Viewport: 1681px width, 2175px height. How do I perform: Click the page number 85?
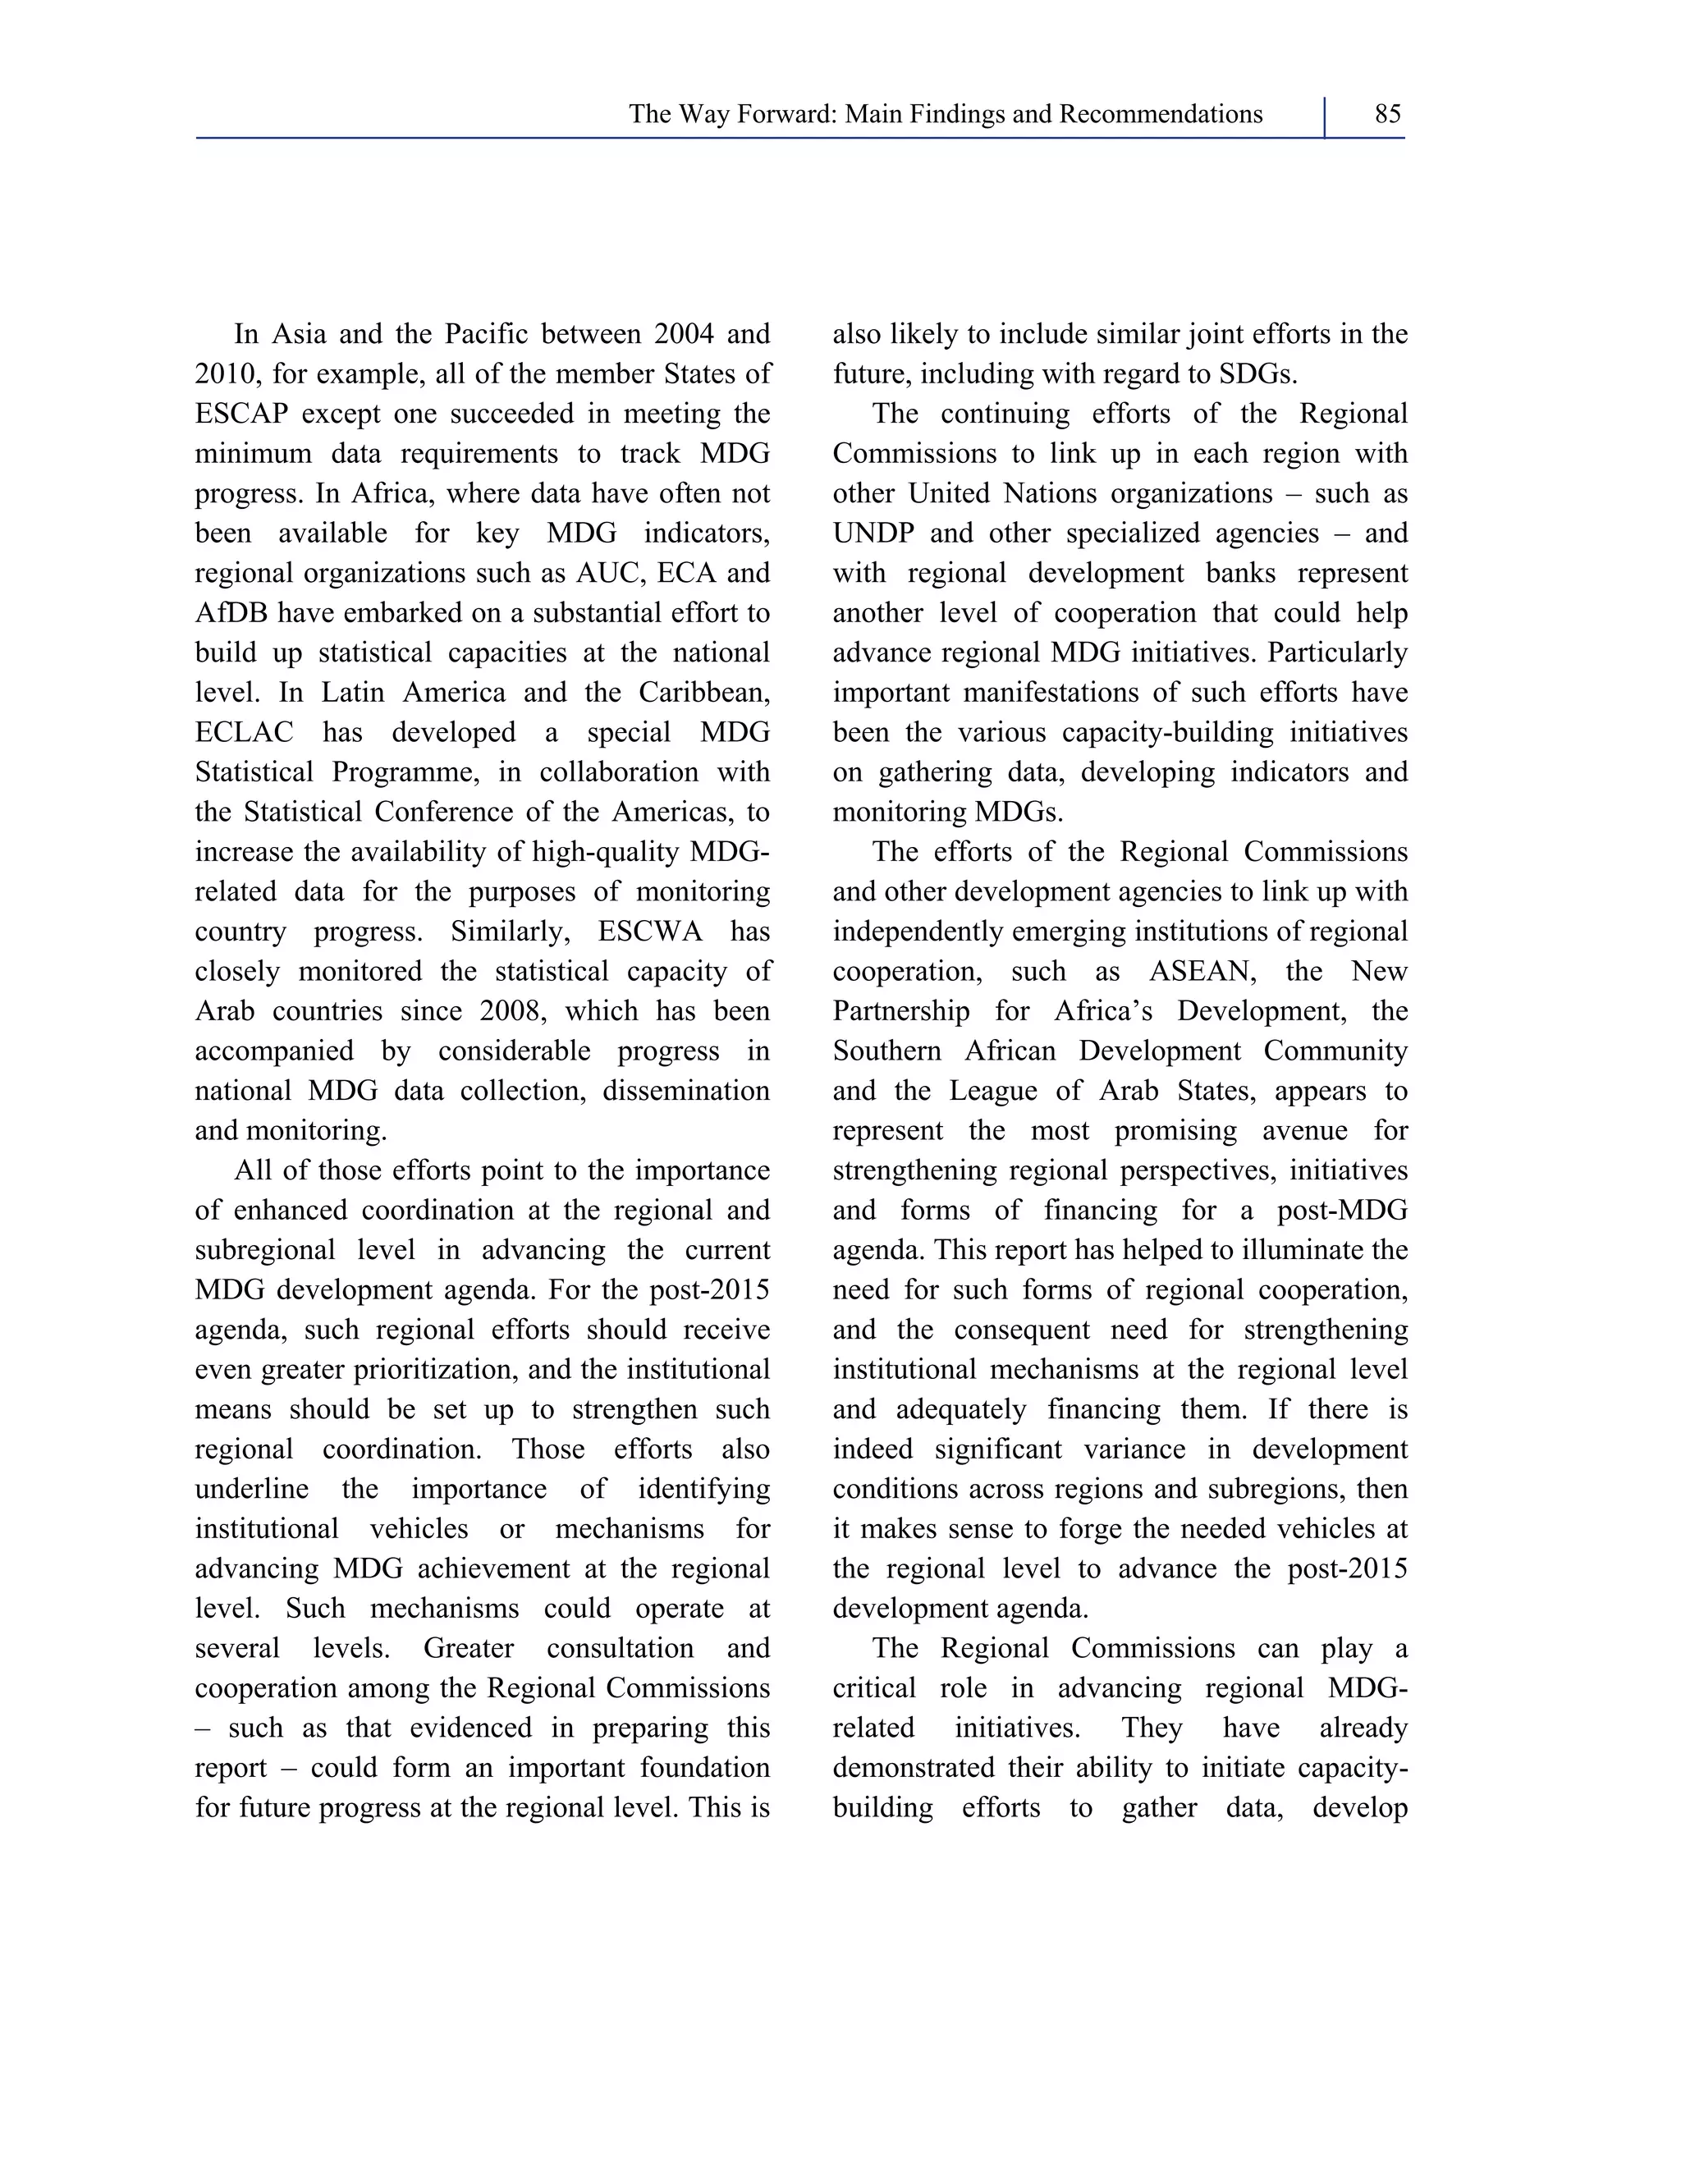click(x=1387, y=115)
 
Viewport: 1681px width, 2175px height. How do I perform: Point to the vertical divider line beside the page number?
click(x=1325, y=117)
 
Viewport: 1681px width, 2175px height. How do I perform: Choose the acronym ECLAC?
click(x=244, y=733)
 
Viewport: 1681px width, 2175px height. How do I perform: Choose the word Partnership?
click(x=900, y=1012)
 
